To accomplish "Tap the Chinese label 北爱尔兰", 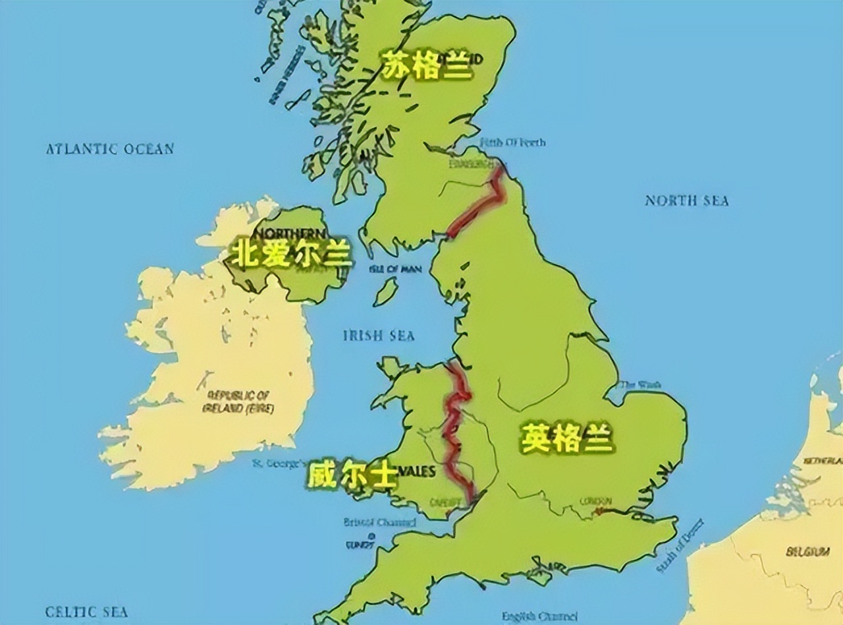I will click(290, 254).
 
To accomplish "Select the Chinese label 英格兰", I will click(567, 438).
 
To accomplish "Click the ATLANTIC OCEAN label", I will click(109, 149).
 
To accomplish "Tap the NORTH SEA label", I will click(686, 200).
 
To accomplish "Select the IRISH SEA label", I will click(379, 336).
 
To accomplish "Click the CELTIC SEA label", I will click(86, 612).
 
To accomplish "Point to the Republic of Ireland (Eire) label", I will click(238, 402).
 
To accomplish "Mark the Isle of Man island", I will click(386, 291).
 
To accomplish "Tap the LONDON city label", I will click(595, 501).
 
